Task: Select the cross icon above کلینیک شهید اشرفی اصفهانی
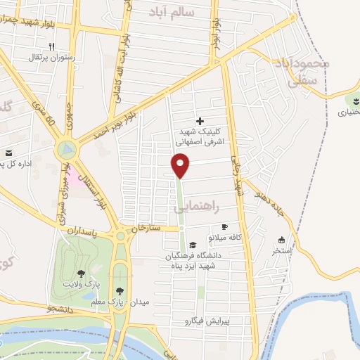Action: [200, 122]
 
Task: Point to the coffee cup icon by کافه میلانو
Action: [224, 226]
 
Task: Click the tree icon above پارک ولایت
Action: [82, 273]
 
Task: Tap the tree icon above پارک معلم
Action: [121, 290]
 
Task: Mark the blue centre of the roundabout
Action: [67, 149]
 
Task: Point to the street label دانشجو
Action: [56, 309]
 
